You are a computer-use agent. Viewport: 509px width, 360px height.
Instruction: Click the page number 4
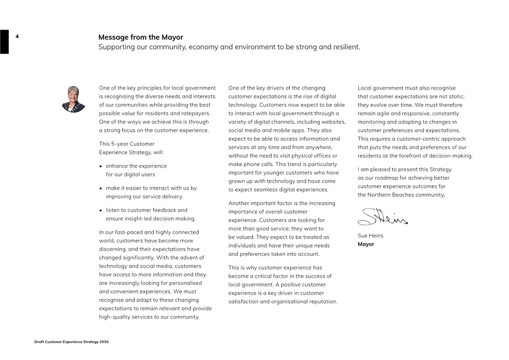point(17,37)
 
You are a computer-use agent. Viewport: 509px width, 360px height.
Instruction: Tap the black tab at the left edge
point(4,42)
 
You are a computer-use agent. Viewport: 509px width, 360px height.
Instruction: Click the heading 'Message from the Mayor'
point(140,37)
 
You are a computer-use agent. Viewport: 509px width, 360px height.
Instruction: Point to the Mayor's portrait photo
point(74,99)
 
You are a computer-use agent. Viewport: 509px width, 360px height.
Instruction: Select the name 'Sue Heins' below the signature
point(370,236)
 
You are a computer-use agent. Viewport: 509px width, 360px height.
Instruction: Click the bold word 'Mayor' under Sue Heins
point(366,244)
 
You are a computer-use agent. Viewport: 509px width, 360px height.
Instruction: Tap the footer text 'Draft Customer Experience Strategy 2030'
point(71,342)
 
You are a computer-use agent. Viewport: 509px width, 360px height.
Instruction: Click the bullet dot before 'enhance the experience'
point(101,166)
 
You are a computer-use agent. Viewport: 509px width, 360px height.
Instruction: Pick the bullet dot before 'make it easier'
point(101,189)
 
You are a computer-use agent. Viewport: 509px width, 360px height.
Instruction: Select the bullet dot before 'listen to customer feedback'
point(101,211)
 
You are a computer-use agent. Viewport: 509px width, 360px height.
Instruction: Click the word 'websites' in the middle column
point(333,122)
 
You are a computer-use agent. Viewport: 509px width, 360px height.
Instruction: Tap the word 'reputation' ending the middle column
point(322,302)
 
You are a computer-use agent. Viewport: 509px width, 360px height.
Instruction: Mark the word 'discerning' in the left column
point(115,249)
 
